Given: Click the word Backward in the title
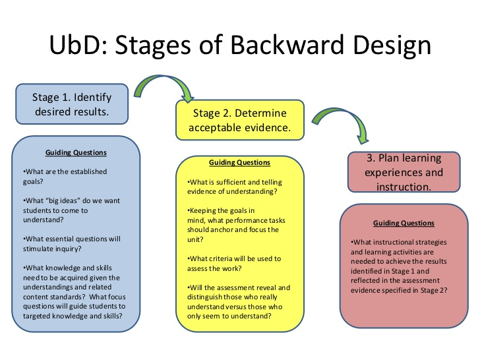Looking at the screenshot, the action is pyautogui.click(x=287, y=45).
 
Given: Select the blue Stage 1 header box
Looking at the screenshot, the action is pyautogui.click(x=72, y=104).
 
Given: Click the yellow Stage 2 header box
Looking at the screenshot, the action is pyautogui.click(x=240, y=120).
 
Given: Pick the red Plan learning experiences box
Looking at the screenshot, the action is pyautogui.click(x=404, y=172).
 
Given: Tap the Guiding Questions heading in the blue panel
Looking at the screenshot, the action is pyautogui.click(x=76, y=152).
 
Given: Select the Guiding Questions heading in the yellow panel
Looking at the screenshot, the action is pyautogui.click(x=240, y=162).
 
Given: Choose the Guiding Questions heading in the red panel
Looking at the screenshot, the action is pyautogui.click(x=404, y=223).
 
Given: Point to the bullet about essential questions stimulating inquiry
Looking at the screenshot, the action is pyautogui.click(x=72, y=244).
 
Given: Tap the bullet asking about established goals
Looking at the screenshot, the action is pyautogui.click(x=65, y=176).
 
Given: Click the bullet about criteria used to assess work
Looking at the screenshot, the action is pyautogui.click(x=234, y=264).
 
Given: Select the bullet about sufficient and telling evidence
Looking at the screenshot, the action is pyautogui.click(x=235, y=187).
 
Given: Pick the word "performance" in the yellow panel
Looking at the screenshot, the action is pyautogui.click(x=242, y=220).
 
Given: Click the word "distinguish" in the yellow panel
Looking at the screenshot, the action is pyautogui.click(x=204, y=297).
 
